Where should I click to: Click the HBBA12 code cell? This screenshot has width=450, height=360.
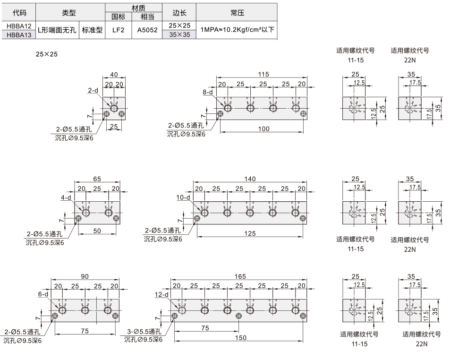tap(19, 26)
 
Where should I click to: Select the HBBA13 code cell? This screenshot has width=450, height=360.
tap(19, 35)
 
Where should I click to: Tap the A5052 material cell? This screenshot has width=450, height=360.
tap(147, 30)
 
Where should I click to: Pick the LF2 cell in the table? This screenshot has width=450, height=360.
tap(118, 30)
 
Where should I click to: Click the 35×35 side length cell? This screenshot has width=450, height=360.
tap(179, 34)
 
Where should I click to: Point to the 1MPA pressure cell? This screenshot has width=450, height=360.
tap(237, 30)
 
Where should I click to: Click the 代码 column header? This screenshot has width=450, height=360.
tap(19, 13)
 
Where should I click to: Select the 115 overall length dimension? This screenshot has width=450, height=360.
tap(263, 74)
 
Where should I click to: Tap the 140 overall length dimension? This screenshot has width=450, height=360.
tap(250, 179)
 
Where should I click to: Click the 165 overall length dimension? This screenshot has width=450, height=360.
tap(240, 276)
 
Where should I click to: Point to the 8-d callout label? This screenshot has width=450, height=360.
tap(208, 92)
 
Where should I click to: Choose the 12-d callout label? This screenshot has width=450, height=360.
tap(161, 294)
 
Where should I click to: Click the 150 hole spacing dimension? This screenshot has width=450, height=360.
tap(240, 338)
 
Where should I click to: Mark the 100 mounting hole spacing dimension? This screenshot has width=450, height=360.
tap(263, 129)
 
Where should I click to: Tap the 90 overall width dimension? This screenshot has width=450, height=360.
tap(85, 276)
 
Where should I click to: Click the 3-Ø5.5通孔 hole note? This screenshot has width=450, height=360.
tap(144, 332)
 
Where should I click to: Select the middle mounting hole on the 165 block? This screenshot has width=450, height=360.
tap(238, 316)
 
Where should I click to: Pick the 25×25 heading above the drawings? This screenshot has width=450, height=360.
tap(46, 54)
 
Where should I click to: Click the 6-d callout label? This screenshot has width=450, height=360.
tap(43, 294)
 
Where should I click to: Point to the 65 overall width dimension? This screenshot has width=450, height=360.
tap(97, 179)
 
